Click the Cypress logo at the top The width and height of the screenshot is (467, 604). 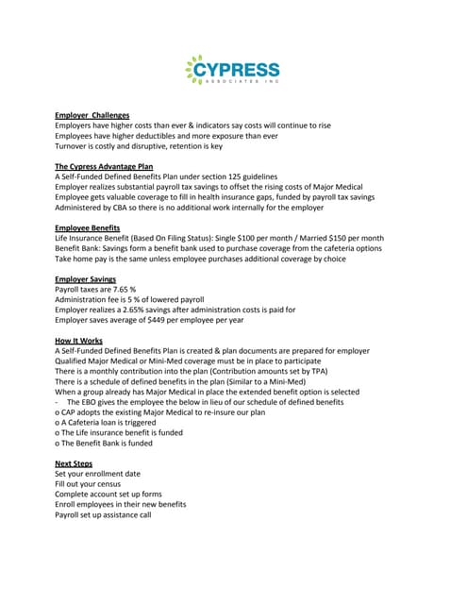coord(233,72)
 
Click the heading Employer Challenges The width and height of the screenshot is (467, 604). coord(92,115)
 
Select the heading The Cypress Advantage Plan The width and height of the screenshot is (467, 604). coord(104,166)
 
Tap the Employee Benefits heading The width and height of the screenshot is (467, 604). coord(87,227)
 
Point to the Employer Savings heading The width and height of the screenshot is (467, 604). coord(85,278)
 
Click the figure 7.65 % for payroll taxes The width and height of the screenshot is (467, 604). coord(121,289)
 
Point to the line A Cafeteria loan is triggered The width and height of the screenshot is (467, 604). coord(110,422)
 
